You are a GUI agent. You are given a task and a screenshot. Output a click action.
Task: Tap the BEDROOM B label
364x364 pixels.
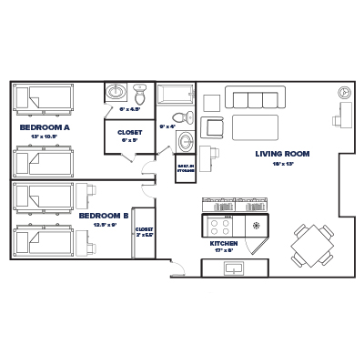[102, 216]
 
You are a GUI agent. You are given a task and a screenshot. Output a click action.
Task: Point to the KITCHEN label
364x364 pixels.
[223, 245]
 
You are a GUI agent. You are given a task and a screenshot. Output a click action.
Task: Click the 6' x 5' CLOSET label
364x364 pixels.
[129, 132]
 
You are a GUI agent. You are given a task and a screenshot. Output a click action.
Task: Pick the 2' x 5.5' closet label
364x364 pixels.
[144, 232]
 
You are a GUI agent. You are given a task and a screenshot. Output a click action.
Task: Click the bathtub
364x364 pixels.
[174, 94]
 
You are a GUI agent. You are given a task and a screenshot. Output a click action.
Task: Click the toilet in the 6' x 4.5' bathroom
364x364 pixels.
[140, 95]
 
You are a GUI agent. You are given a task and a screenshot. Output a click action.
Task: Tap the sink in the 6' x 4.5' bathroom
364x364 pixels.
[116, 94]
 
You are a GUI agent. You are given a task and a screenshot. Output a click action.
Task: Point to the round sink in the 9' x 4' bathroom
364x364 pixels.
[185, 143]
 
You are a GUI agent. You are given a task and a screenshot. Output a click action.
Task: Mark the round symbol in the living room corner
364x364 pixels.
[343, 93]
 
